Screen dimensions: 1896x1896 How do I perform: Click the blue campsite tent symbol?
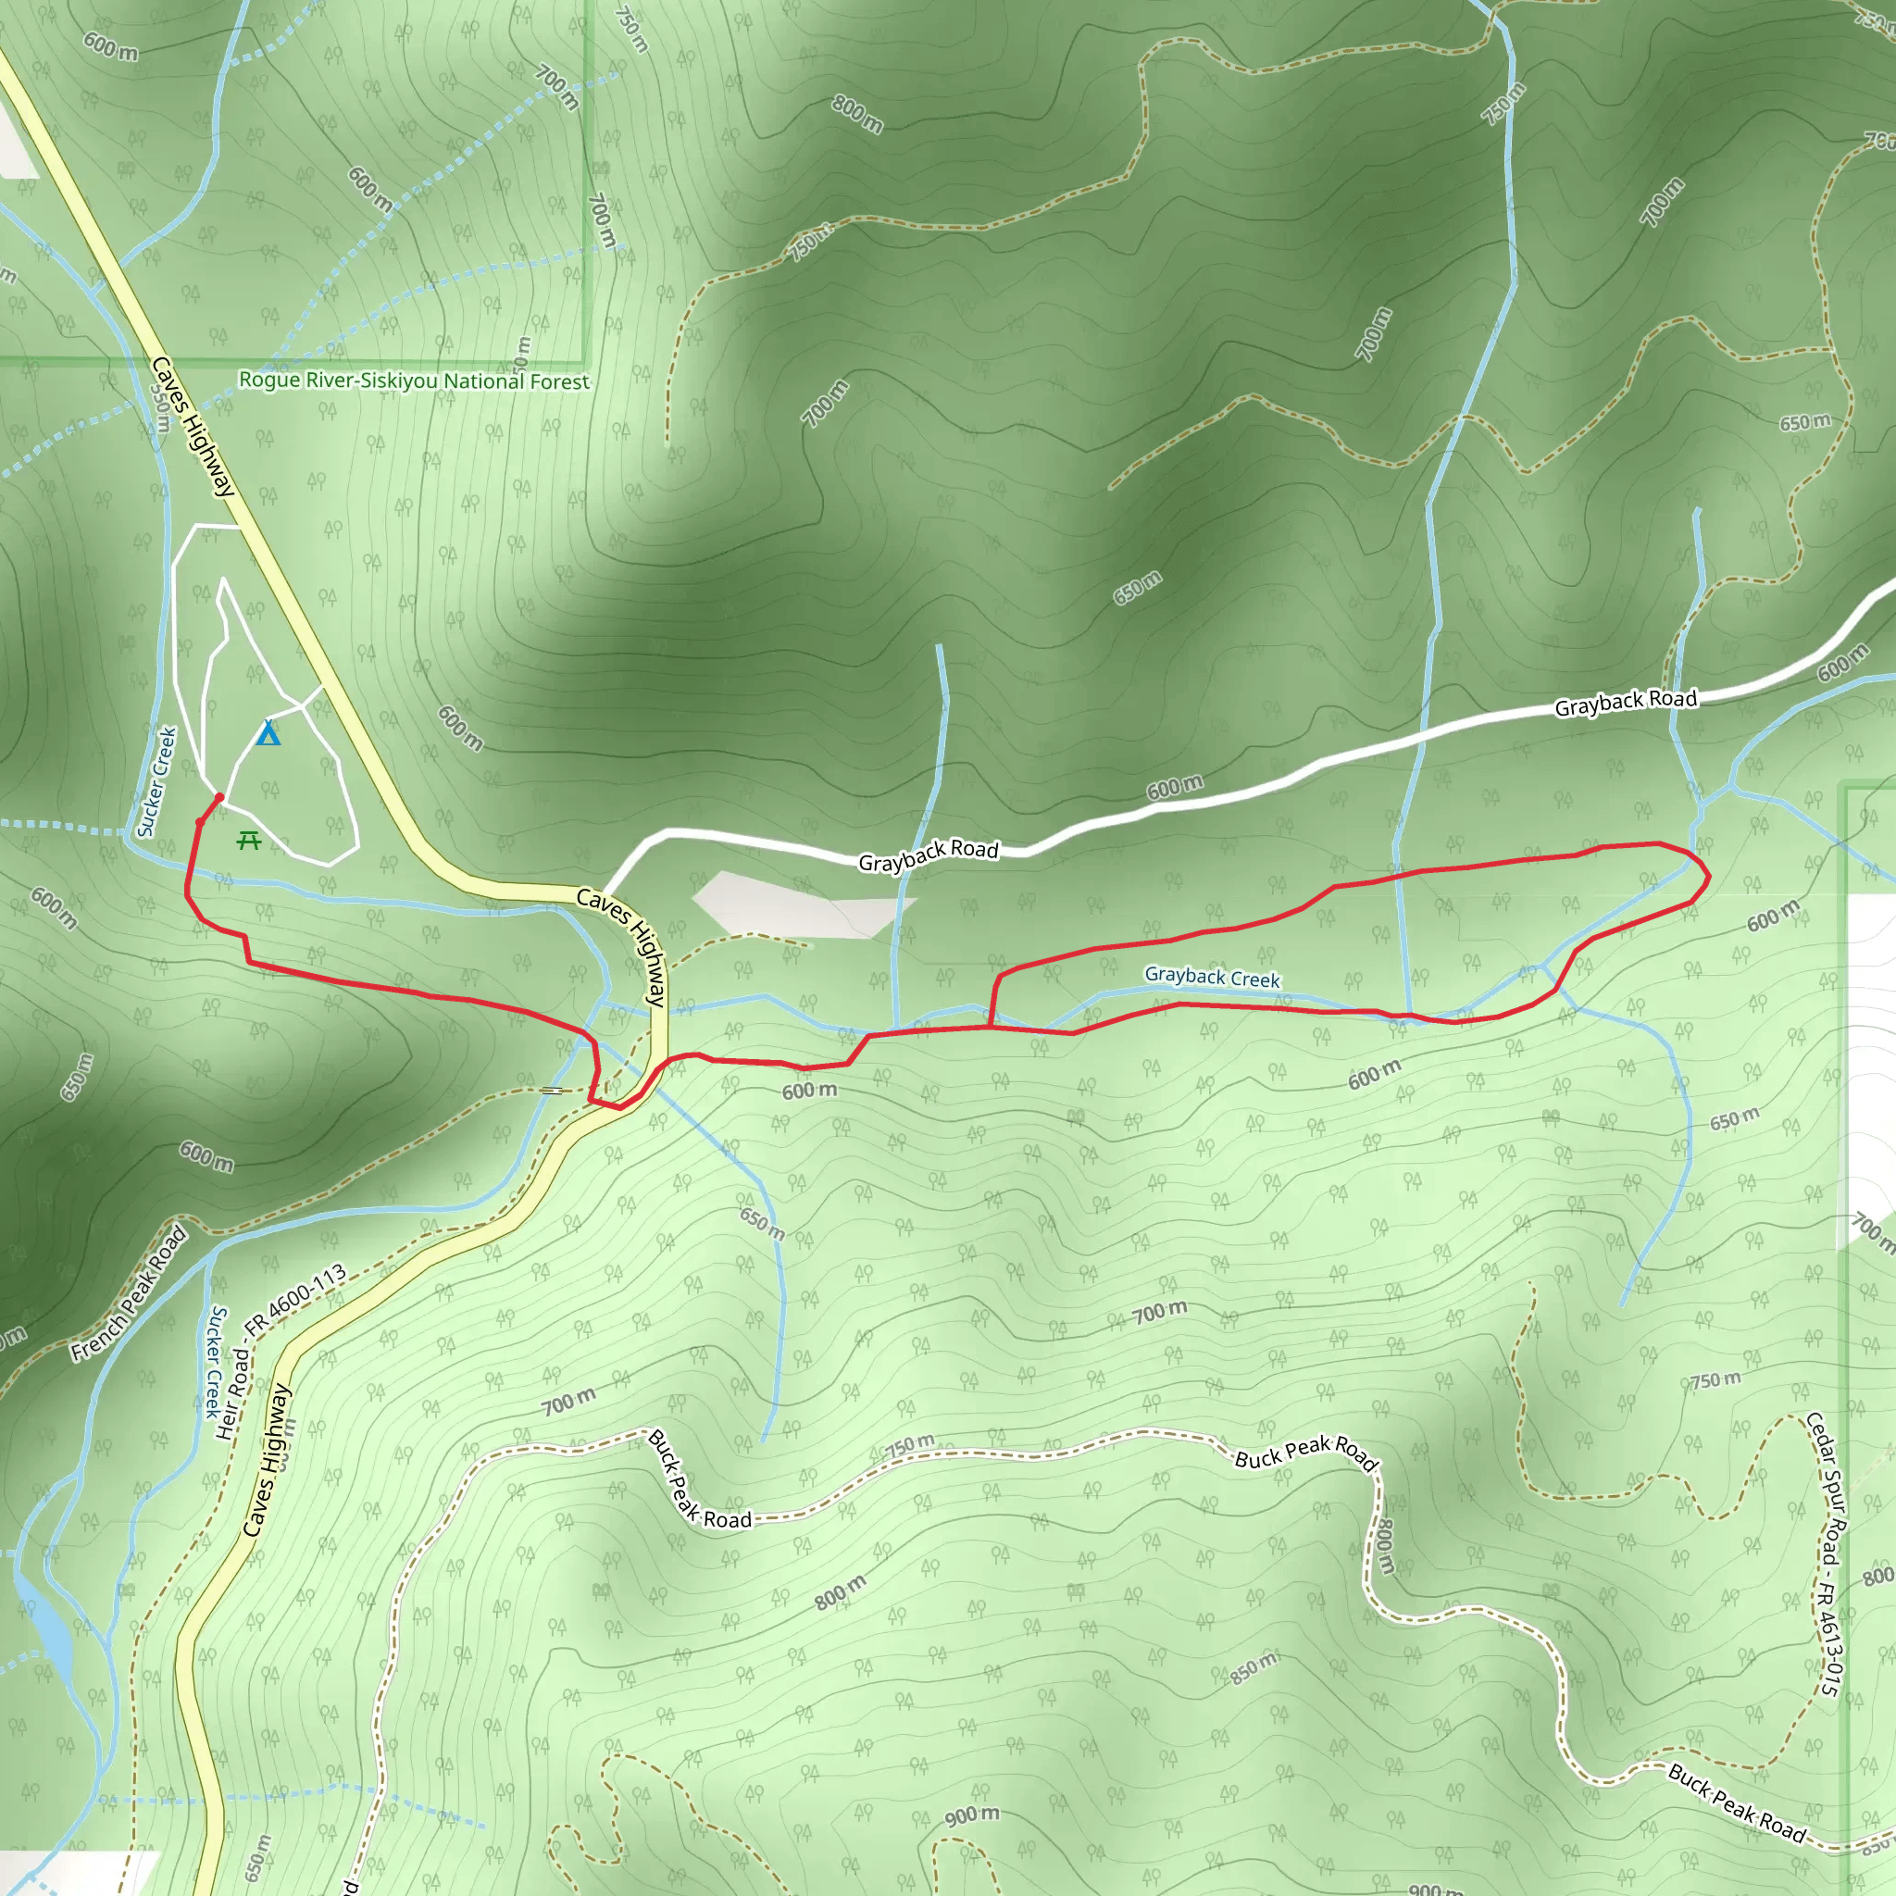[x=268, y=733]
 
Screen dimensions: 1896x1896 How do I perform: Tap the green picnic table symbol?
[x=248, y=840]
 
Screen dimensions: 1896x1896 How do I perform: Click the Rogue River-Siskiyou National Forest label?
[x=414, y=380]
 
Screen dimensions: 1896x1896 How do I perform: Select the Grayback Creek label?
[x=1212, y=977]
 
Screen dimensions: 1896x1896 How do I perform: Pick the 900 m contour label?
[x=971, y=1815]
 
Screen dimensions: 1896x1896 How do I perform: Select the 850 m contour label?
[x=1254, y=1667]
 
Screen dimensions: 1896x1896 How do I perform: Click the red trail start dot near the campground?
[x=219, y=798]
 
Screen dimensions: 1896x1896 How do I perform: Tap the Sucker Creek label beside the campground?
[x=158, y=782]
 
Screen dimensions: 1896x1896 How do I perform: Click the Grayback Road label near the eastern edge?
[x=1625, y=703]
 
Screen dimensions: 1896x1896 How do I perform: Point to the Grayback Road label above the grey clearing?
[x=928, y=854]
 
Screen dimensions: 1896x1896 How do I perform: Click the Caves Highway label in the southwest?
[x=267, y=1460]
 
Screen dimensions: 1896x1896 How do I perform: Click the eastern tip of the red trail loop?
[x=1709, y=877]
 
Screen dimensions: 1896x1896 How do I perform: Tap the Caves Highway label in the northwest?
[x=193, y=426]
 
